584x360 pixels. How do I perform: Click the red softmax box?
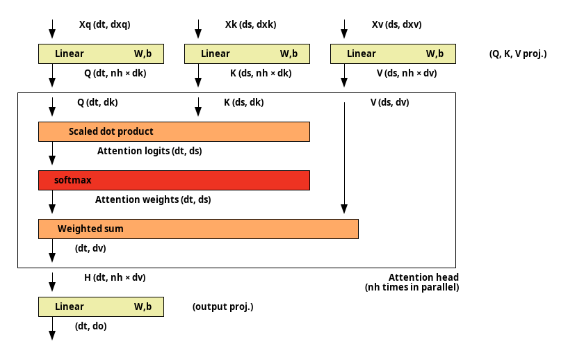tap(174, 180)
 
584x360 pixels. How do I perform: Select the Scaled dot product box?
tap(174, 132)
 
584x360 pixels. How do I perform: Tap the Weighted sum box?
tap(199, 229)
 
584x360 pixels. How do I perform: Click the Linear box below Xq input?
tap(101, 54)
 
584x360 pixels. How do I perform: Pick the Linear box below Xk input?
tap(247, 54)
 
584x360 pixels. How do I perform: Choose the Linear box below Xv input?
tap(393, 54)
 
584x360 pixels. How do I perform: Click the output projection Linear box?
tap(101, 306)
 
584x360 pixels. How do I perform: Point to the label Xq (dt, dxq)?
tap(105, 24)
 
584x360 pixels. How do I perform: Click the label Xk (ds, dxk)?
tap(251, 24)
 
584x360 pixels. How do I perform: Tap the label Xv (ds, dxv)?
tap(397, 24)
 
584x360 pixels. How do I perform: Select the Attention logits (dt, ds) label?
tap(149, 151)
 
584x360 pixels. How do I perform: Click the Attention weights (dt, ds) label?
tap(153, 200)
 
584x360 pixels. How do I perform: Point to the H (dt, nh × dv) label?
tap(115, 278)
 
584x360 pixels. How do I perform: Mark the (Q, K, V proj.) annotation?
tap(518, 54)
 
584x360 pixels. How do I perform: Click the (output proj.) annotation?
tap(222, 306)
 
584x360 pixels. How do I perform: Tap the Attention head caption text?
tap(412, 283)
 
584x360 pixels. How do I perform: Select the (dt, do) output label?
tap(91, 327)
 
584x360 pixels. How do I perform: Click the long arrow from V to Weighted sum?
tap(345, 158)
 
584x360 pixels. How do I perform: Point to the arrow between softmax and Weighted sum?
tap(53, 202)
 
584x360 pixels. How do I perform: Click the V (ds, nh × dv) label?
tap(407, 74)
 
